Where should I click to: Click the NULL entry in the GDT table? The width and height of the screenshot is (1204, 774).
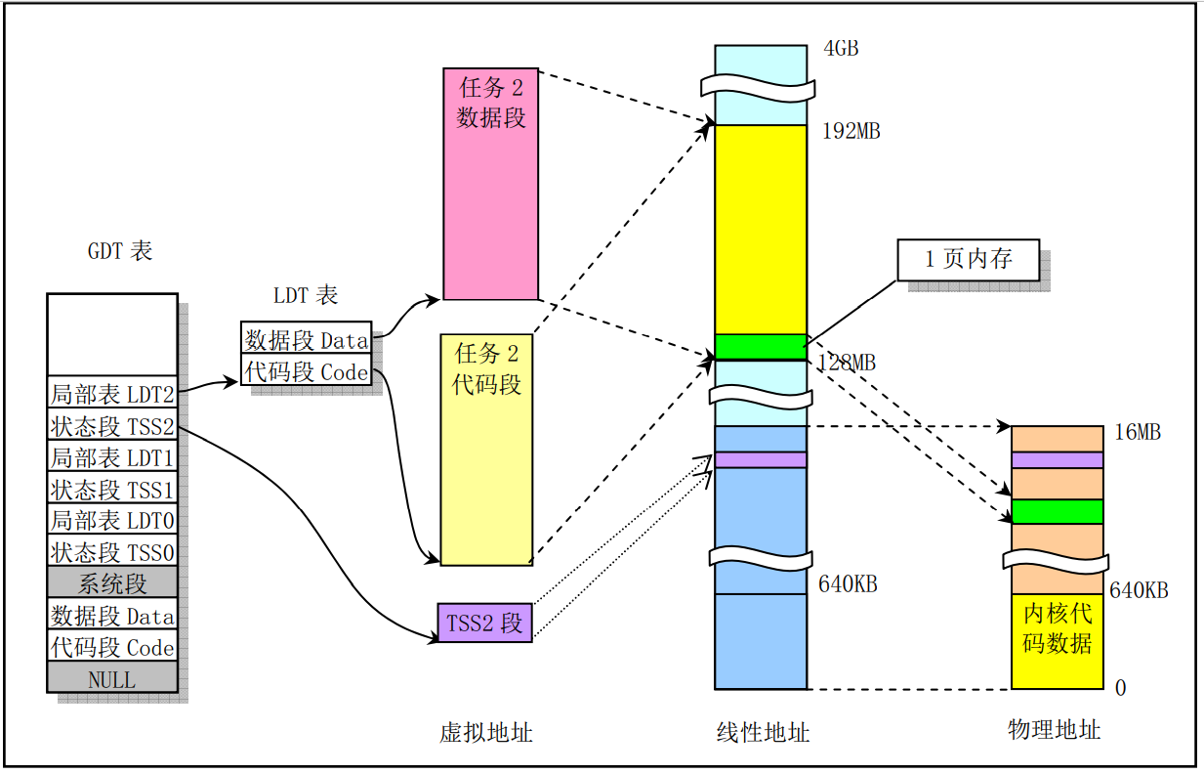point(112,679)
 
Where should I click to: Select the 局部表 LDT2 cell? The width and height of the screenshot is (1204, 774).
point(112,395)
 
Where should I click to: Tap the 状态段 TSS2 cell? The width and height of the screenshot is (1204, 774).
point(112,426)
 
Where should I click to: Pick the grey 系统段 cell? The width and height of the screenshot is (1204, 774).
point(112,584)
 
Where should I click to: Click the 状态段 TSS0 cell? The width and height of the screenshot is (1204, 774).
point(112,552)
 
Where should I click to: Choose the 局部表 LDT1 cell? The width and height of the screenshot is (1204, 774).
point(112,457)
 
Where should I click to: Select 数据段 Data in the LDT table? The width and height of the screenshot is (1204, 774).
point(307,339)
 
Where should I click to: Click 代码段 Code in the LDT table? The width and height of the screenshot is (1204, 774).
point(307,371)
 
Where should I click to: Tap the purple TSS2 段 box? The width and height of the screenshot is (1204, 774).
point(484,623)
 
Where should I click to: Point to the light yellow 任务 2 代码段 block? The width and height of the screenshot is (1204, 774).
point(486,450)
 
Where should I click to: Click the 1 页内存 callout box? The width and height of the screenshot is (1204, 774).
point(968,260)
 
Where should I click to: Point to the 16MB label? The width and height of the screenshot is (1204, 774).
point(1137,432)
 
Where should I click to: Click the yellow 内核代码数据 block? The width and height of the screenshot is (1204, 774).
point(1058,640)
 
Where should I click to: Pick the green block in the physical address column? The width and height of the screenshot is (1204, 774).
point(1058,511)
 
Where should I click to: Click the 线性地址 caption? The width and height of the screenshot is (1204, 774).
point(763,732)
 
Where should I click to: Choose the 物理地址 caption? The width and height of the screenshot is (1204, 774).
point(1054,729)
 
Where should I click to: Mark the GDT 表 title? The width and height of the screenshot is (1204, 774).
point(120,251)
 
